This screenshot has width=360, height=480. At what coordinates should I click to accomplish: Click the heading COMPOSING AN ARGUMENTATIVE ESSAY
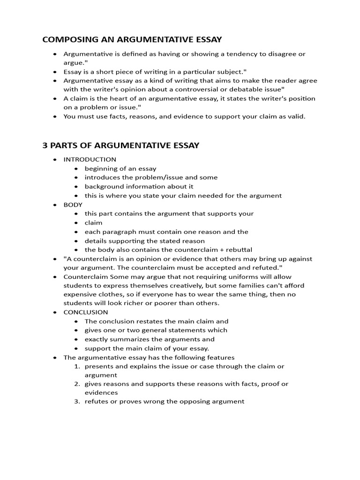pyautogui.click(x=132, y=39)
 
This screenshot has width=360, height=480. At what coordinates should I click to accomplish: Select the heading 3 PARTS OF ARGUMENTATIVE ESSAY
pyautogui.click(x=121, y=145)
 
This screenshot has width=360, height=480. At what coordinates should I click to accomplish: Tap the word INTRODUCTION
pyautogui.click(x=90, y=159)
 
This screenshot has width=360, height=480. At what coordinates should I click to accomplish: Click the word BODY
pyautogui.click(x=73, y=205)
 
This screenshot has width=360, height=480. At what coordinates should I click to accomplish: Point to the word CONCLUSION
pyautogui.click(x=86, y=312)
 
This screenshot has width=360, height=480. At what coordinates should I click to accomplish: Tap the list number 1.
pyautogui.click(x=77, y=367)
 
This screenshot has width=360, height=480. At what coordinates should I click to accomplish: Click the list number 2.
pyautogui.click(x=77, y=384)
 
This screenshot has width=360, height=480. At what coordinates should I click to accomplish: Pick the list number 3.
pyautogui.click(x=77, y=402)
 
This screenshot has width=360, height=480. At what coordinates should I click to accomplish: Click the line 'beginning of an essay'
pyautogui.click(x=120, y=169)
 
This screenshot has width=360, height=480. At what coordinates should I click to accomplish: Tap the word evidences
pyautogui.click(x=101, y=393)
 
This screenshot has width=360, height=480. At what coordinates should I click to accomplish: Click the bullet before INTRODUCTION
pyautogui.click(x=55, y=159)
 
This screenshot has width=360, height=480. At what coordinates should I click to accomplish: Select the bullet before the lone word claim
pyautogui.click(x=76, y=223)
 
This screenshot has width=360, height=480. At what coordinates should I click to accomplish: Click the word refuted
pyautogui.click(x=266, y=268)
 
